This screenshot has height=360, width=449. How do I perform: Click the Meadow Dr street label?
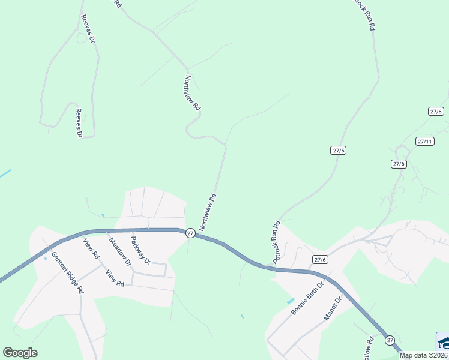coord(119,251)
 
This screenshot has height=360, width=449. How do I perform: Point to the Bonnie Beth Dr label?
coord(307,299)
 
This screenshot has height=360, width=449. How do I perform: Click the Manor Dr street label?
coord(333,307)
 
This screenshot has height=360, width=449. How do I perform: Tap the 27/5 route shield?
coord(339,150)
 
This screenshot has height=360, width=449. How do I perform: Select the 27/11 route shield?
coord(424,142)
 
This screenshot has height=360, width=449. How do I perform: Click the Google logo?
coord(20,353)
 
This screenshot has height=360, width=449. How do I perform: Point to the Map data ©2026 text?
coord(424,355)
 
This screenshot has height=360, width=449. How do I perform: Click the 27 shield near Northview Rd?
coord(190,233)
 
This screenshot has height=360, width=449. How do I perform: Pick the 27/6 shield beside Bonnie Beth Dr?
coord(320,259)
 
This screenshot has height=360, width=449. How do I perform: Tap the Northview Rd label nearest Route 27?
coord(207,212)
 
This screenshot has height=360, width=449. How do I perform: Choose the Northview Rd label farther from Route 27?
coord(192,93)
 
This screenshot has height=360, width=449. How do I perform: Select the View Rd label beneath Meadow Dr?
coord(115,277)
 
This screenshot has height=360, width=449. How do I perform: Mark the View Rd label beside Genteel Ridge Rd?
coord(92,248)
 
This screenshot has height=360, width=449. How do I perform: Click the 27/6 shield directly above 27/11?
coord(435,112)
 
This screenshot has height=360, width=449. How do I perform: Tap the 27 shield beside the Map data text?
coord(390,340)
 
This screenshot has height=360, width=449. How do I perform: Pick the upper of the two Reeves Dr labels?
coord(87,28)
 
